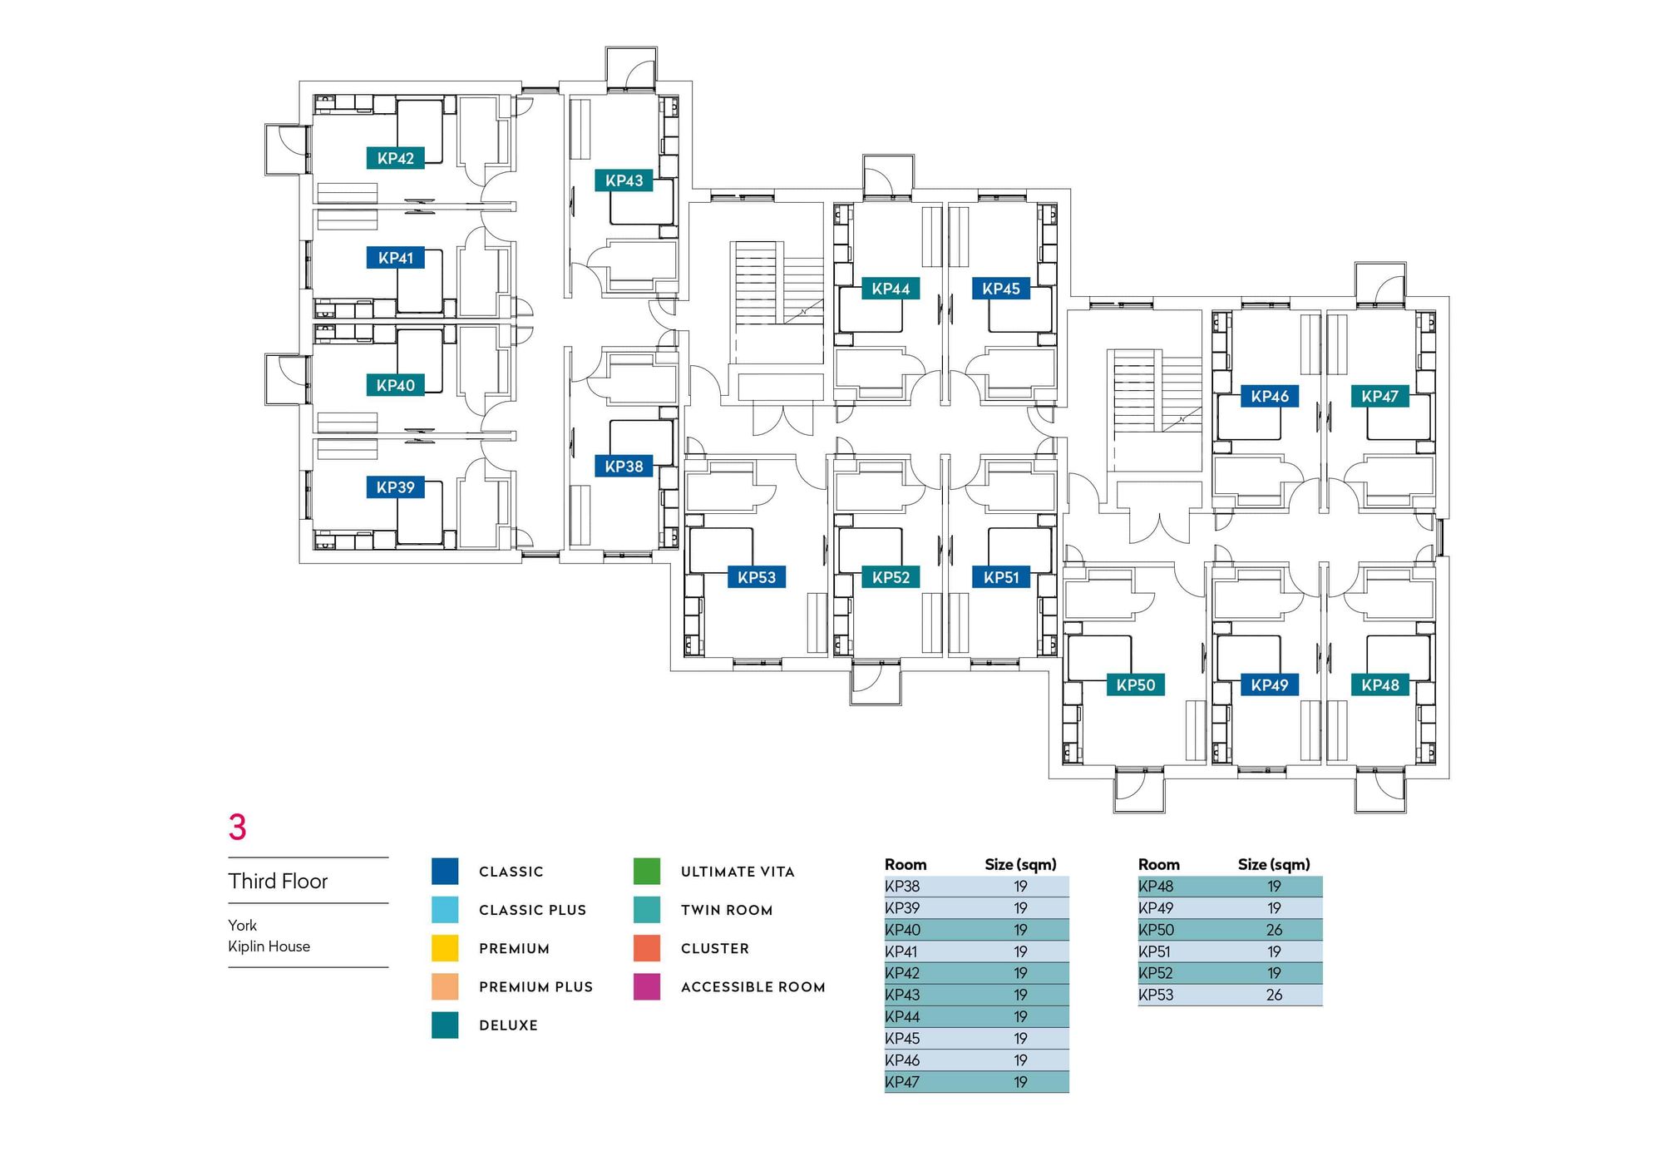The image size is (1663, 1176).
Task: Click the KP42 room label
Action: (395, 158)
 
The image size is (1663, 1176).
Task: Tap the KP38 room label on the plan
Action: (624, 467)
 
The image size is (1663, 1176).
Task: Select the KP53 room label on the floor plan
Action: (756, 577)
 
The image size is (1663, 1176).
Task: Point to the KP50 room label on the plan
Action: (1135, 685)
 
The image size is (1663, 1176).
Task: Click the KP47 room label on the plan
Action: (1379, 397)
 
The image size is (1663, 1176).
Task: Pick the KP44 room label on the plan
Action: (891, 289)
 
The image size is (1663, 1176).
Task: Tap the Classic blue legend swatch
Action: (445, 871)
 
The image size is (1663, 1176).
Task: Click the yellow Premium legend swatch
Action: (445, 948)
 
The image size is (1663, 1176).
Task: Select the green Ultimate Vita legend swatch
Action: (646, 871)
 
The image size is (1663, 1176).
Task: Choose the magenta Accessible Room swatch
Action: (646, 986)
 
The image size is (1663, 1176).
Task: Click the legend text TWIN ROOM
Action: (727, 910)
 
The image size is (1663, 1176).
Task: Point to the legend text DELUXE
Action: (508, 1025)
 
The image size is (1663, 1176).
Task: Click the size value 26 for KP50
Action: (1274, 930)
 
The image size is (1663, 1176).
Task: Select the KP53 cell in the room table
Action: (1156, 995)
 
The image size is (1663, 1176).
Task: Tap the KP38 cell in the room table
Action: (902, 887)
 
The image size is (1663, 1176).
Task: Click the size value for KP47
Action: (1020, 1082)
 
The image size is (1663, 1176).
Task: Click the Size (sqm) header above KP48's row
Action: (1273, 864)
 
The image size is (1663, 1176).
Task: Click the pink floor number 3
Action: (238, 827)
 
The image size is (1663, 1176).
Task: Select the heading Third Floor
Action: (278, 881)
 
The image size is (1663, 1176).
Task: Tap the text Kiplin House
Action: (269, 946)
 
